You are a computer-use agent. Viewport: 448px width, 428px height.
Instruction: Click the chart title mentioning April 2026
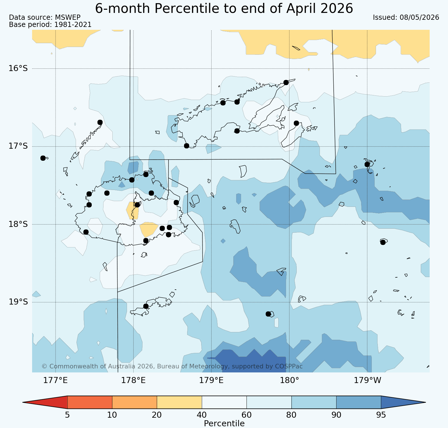click(x=224, y=8)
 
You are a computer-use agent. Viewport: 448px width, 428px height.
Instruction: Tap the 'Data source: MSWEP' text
click(x=45, y=17)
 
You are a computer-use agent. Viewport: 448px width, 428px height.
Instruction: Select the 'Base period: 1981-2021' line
click(x=50, y=25)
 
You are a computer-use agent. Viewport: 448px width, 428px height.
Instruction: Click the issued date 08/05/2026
click(x=406, y=17)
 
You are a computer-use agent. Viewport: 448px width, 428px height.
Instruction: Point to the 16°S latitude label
click(x=18, y=68)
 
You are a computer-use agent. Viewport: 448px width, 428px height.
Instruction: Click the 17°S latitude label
click(x=18, y=146)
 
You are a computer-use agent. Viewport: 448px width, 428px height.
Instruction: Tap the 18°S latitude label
click(x=18, y=224)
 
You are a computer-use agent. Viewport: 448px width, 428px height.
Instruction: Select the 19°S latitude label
click(x=18, y=302)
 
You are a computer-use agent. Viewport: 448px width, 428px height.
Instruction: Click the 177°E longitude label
click(x=55, y=380)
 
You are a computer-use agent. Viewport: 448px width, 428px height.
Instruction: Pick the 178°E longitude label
click(x=133, y=380)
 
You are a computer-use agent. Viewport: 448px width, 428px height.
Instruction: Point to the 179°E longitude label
click(x=211, y=380)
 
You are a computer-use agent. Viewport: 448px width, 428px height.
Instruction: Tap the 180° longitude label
click(x=289, y=380)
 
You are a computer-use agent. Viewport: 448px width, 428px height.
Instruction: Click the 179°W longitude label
click(x=367, y=380)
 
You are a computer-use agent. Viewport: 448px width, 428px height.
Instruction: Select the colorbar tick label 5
click(x=67, y=415)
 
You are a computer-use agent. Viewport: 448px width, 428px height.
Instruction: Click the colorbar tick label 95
click(x=381, y=415)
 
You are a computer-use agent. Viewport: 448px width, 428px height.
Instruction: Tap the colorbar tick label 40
click(x=202, y=415)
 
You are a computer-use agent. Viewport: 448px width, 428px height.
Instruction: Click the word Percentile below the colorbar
click(x=224, y=423)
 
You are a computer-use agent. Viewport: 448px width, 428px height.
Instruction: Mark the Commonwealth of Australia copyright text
click(x=172, y=366)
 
